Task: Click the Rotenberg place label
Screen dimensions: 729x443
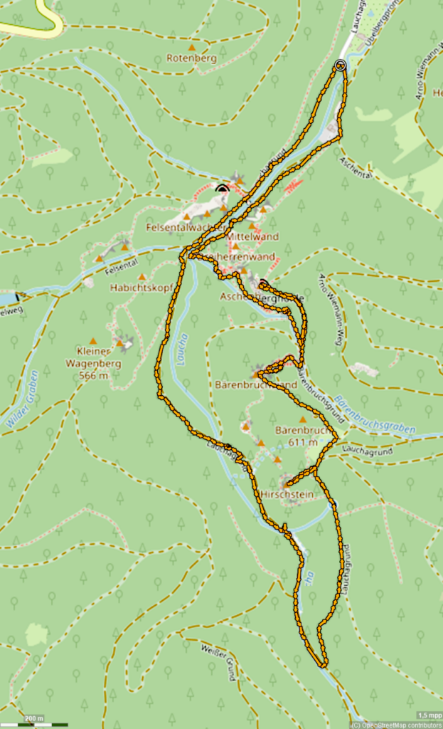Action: point(191,58)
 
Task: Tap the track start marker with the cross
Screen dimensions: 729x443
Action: point(340,65)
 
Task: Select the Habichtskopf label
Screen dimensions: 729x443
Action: point(133,288)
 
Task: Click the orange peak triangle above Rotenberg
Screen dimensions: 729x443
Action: point(191,48)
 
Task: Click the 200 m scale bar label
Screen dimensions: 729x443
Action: point(33,718)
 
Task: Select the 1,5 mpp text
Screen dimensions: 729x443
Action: point(428,715)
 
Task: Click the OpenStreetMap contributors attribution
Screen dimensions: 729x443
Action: point(396,725)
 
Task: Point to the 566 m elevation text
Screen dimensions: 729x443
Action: point(94,375)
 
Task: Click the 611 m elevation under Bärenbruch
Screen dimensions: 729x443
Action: point(303,442)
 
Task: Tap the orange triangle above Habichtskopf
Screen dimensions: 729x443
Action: point(142,277)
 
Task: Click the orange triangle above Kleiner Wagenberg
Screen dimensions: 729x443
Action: point(93,341)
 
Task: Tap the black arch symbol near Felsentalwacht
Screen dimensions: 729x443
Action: point(223,189)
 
